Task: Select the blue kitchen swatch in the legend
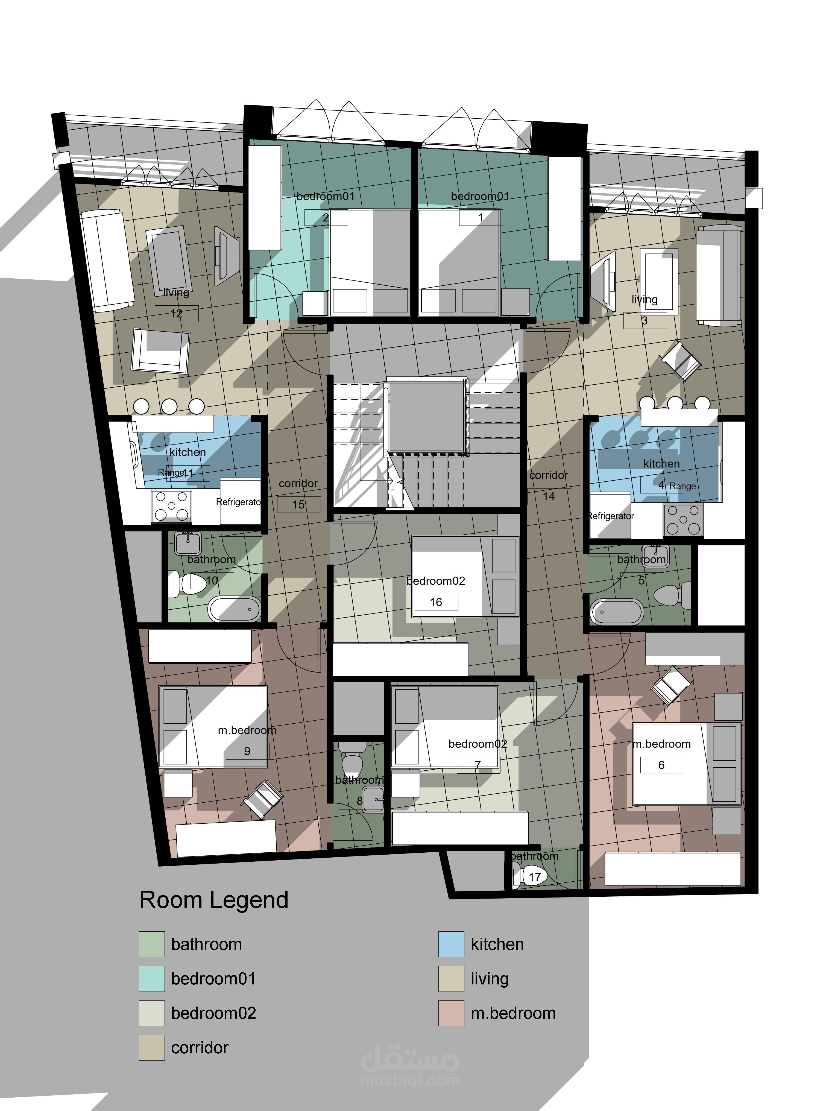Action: [x=451, y=944]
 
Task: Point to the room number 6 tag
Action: [x=662, y=765]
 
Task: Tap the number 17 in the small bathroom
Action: [x=535, y=877]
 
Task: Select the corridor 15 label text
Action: [x=298, y=494]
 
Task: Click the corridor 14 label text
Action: [x=549, y=486]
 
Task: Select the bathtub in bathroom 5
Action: [x=617, y=612]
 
